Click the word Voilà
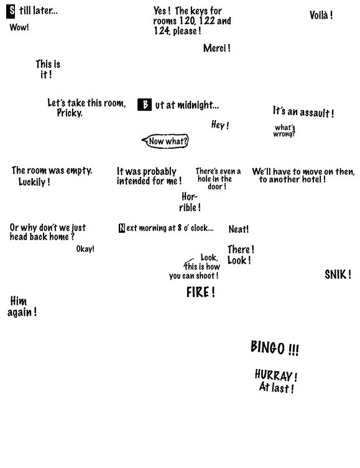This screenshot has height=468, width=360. (x=318, y=15)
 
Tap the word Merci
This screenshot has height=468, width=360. (x=215, y=48)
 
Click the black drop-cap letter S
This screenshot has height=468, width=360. (x=11, y=11)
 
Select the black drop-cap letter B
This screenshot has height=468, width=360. (x=145, y=105)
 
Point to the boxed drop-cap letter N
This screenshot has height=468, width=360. (x=122, y=228)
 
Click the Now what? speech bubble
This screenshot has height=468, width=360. (x=166, y=141)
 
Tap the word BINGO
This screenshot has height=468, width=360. (x=267, y=347)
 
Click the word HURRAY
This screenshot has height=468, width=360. (x=274, y=375)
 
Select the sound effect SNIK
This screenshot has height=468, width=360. (x=335, y=274)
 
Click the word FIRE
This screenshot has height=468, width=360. (x=198, y=292)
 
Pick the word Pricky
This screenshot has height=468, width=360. (x=70, y=113)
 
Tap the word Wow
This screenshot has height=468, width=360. (x=18, y=27)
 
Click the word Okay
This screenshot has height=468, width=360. (x=84, y=249)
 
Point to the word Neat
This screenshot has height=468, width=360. (x=238, y=229)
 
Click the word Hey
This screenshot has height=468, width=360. (x=218, y=124)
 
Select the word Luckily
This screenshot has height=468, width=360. (x=32, y=182)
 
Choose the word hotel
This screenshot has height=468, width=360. (x=312, y=179)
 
